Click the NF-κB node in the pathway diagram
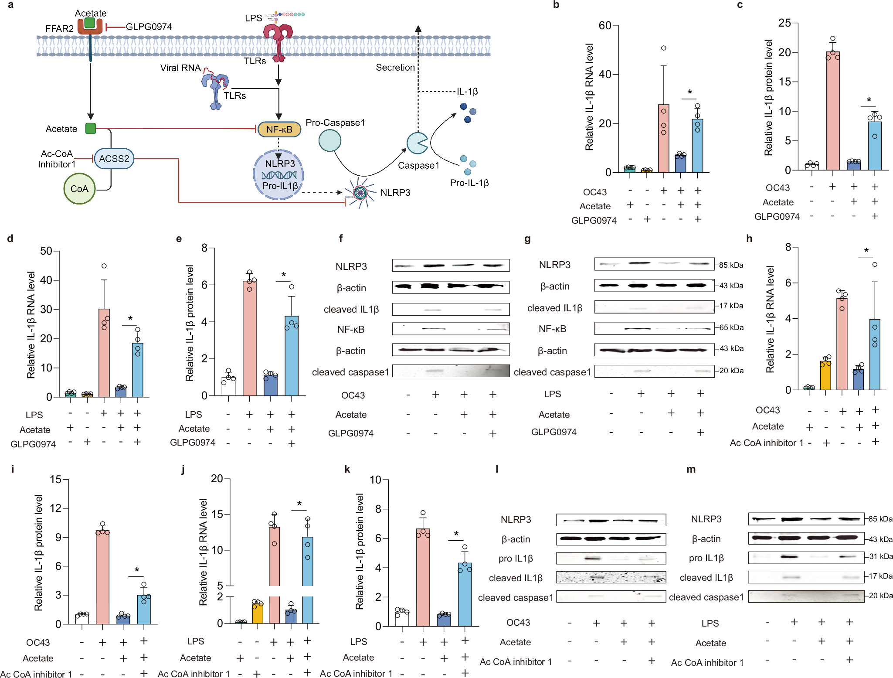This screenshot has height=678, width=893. pos(279,129)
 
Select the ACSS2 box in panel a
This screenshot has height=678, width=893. pos(114,158)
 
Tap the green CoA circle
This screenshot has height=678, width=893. pos(79,189)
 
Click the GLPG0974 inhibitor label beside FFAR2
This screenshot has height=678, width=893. pos(149,27)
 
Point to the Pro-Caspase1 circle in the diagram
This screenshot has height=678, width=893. pos(330,141)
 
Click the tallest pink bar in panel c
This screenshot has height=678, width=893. pos(832,111)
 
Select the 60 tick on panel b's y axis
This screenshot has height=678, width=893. pos(605,25)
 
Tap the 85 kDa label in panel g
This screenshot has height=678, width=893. pos(731,265)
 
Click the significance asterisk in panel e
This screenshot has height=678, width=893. pos(284,275)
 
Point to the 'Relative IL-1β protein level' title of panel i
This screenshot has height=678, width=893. pos(39,552)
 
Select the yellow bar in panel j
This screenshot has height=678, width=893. pos(258,613)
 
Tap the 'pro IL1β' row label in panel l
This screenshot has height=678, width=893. pos(516,559)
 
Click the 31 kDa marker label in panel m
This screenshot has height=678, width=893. pos(880,556)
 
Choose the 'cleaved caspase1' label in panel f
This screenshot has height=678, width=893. pos(350,372)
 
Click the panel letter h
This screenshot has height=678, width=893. pos(749,238)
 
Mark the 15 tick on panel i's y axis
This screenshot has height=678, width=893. pos(56,480)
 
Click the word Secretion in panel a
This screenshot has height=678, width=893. pos(395,68)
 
